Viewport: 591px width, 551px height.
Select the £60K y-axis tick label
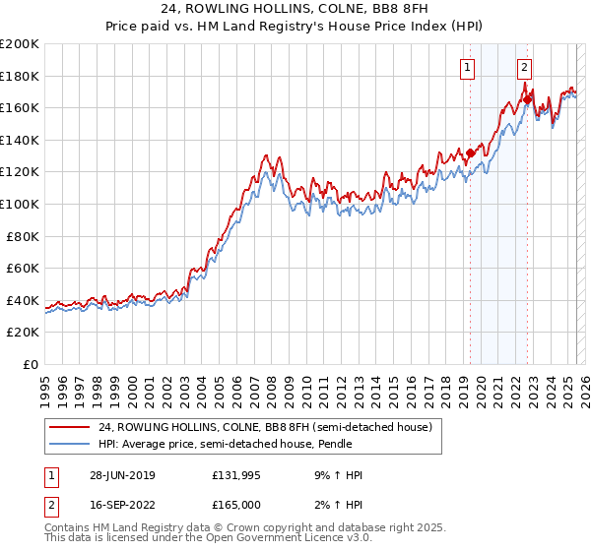[23, 268]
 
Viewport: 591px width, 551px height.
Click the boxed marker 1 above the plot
[468, 68]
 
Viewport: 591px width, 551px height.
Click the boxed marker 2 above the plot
[525, 68]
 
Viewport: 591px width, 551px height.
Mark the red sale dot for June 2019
[471, 153]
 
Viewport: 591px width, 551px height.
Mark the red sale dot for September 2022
[527, 99]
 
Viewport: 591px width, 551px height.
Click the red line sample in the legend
[69, 427]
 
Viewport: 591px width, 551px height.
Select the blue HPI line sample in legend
[69, 444]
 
